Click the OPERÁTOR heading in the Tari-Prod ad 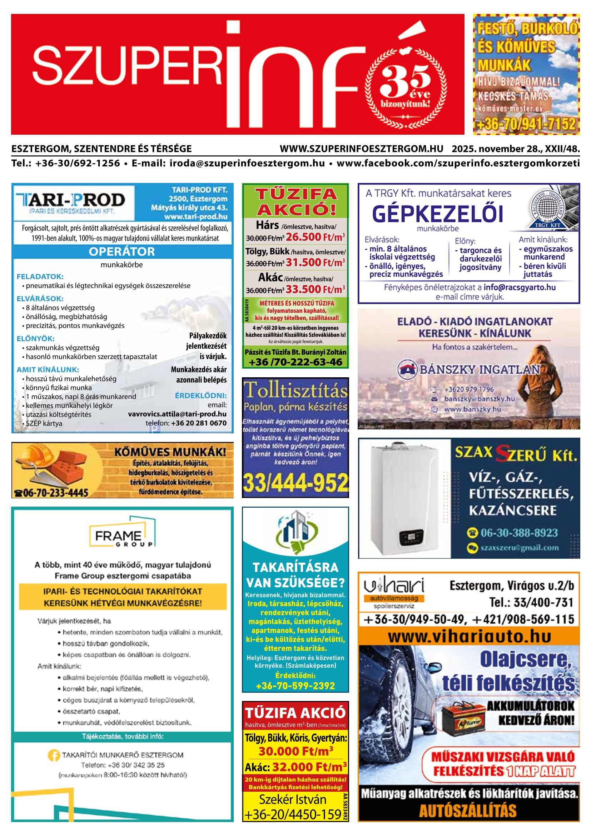(x=122, y=251)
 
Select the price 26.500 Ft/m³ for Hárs (x=315, y=237)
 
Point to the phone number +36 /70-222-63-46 (x=295, y=362)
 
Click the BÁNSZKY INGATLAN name (x=480, y=369)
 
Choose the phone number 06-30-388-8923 (x=519, y=533)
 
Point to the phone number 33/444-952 (x=295, y=482)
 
